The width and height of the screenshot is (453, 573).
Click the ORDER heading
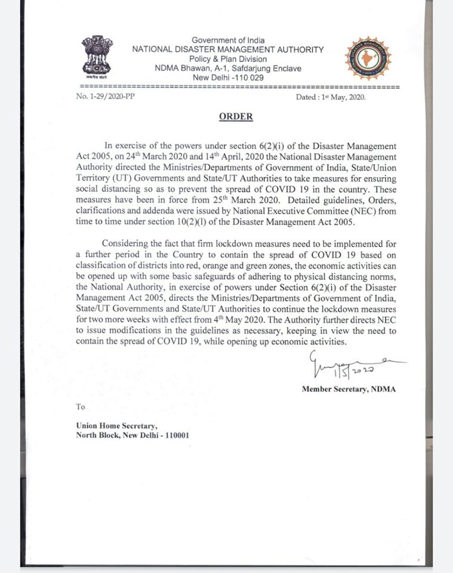235,117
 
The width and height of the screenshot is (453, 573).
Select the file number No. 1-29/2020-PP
106,96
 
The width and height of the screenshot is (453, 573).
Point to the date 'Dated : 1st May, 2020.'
331,97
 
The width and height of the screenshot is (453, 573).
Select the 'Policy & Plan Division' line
227,59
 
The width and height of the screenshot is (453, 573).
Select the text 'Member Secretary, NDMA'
349,389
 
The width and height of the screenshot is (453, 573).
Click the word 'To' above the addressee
81,407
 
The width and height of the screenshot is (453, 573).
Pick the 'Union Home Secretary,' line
117,426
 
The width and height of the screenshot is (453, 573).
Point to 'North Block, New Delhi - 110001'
133,435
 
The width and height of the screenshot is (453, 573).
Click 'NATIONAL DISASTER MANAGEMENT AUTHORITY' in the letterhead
228,50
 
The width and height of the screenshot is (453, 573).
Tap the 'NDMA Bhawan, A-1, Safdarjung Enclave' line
227,69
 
